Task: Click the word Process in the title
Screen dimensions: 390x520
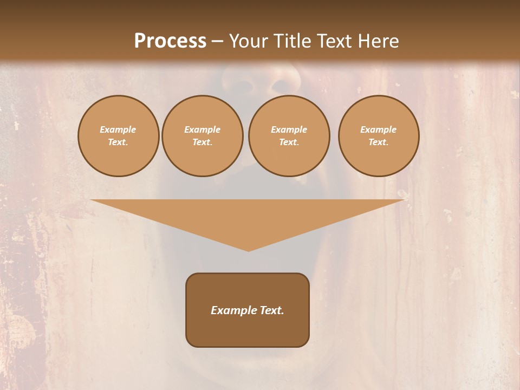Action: point(170,41)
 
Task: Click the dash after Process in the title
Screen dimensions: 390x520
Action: point(217,42)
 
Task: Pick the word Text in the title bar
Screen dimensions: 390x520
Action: point(334,41)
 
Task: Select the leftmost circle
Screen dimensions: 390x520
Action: point(119,136)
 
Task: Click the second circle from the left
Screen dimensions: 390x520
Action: point(203,136)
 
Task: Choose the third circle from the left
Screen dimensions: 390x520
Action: point(289,136)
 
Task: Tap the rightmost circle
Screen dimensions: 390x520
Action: point(379,136)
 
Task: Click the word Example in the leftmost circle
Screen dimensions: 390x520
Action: point(118,129)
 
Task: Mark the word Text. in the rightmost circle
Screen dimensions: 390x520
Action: point(379,142)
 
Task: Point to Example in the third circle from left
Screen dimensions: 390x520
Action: point(289,129)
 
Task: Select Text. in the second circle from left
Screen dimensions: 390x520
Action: point(203,142)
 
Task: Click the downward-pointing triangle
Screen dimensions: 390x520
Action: point(248,217)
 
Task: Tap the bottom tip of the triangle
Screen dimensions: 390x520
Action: point(248,250)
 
